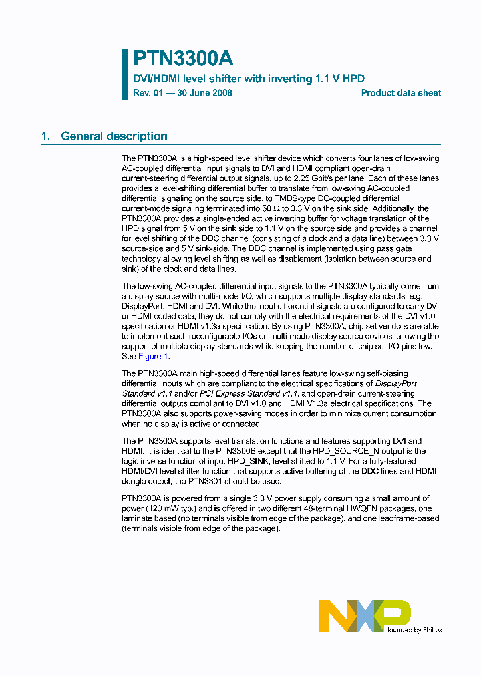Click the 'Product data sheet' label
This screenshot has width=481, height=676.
[401, 93]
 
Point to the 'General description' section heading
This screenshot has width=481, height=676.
[114, 136]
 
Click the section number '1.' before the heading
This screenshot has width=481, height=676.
[45, 136]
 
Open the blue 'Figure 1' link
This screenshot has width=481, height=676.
[153, 356]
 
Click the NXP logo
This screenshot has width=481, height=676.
[364, 615]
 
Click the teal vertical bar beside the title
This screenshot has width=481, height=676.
[124, 74]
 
